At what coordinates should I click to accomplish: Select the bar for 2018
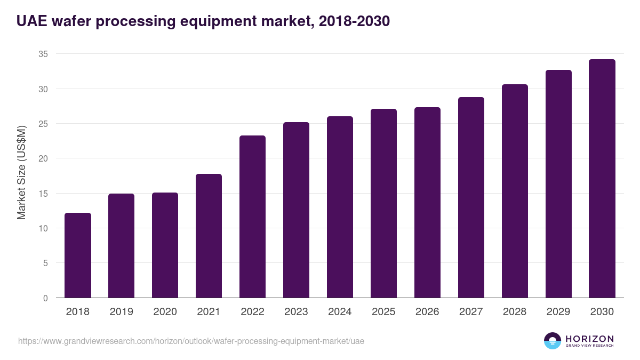(78, 255)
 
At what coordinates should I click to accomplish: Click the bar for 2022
(252, 217)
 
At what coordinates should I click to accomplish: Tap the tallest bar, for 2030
(602, 179)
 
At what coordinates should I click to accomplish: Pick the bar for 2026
(427, 203)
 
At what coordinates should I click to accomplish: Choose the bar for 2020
(165, 245)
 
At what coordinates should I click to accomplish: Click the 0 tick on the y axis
(46, 298)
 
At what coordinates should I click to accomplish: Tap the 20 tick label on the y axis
(43, 158)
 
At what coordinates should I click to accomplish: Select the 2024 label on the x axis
(340, 312)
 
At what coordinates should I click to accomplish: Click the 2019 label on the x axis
(122, 312)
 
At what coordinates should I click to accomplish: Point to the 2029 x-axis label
(558, 312)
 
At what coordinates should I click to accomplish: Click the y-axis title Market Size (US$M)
(21, 173)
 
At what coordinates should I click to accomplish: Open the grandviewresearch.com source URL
(191, 341)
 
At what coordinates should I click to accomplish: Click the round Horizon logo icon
(553, 341)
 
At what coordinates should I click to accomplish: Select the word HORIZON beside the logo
(589, 339)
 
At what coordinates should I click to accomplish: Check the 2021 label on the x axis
(209, 312)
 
